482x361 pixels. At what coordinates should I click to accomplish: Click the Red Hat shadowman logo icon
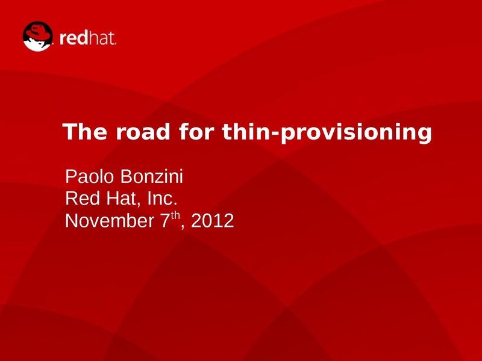(x=38, y=36)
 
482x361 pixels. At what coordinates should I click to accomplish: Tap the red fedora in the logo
(x=38, y=32)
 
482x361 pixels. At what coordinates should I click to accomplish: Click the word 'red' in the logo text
(x=74, y=38)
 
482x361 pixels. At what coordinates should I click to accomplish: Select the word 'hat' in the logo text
(x=102, y=38)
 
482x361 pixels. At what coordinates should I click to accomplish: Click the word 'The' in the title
(x=85, y=131)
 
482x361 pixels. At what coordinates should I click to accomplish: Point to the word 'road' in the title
(x=143, y=131)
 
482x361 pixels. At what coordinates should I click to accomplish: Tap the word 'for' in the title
(x=196, y=131)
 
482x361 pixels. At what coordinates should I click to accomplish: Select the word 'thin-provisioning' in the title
(x=327, y=133)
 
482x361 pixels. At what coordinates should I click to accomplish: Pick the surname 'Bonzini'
(x=152, y=176)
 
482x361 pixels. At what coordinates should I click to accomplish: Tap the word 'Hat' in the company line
(x=124, y=199)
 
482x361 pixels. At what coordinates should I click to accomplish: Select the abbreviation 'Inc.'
(x=162, y=199)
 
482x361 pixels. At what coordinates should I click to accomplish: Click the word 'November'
(x=110, y=220)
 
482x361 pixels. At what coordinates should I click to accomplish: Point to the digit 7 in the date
(x=165, y=220)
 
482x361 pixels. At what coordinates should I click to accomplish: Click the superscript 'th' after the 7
(x=175, y=215)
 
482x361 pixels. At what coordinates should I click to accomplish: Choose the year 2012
(x=213, y=220)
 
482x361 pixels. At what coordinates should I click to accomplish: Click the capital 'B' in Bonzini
(x=127, y=176)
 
